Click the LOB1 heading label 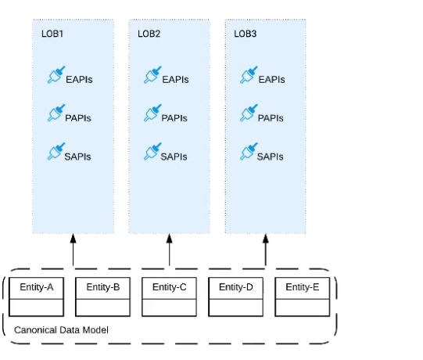tap(52, 34)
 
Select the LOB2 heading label tap(149, 34)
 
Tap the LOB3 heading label tap(246, 34)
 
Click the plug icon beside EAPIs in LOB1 tap(56, 76)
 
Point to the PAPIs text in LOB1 tap(78, 118)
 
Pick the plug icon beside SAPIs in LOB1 tap(56, 152)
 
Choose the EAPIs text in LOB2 tap(174, 79)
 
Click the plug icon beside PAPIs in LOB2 tap(152, 114)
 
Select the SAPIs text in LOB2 tap(174, 157)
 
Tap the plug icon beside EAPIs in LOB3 tap(249, 76)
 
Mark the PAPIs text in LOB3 tap(271, 118)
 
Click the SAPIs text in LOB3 tap(271, 157)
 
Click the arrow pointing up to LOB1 tap(73, 250)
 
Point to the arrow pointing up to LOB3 tap(266, 250)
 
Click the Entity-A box tap(36, 296)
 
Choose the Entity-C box tap(169, 296)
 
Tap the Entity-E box tap(302, 296)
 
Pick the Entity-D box tap(235, 296)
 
